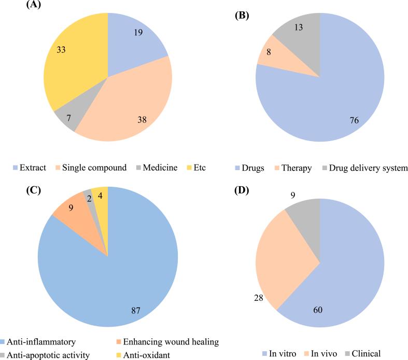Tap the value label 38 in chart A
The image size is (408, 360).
(141, 120)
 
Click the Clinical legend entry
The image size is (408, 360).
(366, 354)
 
